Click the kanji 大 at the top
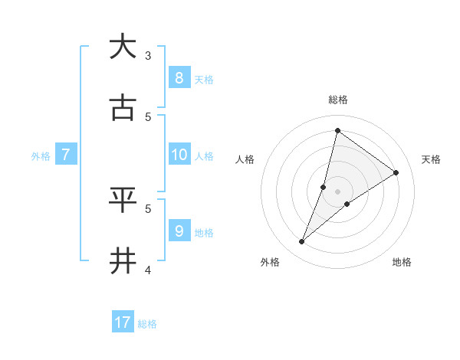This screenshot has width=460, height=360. click(x=123, y=47)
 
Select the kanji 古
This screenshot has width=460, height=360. click(x=123, y=109)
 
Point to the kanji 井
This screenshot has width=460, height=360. click(x=123, y=261)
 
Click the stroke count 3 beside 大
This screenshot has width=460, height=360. click(x=148, y=55)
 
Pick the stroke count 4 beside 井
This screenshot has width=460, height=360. click(x=148, y=270)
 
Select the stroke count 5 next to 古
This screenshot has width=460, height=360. click(x=148, y=116)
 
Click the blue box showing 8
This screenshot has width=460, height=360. click(x=179, y=78)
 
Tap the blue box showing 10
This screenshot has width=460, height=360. click(x=179, y=155)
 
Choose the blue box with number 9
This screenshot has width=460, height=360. click(x=179, y=231)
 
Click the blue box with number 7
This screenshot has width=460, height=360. click(x=66, y=155)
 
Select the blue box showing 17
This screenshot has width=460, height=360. click(x=123, y=322)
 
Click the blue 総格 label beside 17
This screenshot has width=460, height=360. click(x=147, y=324)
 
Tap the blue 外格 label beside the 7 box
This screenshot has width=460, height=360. click(x=41, y=156)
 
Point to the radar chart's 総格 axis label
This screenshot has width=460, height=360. click(x=338, y=100)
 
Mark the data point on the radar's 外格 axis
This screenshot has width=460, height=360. click(x=302, y=242)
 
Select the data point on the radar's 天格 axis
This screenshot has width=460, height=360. click(x=396, y=172)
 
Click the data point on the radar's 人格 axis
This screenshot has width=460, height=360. click(x=324, y=187)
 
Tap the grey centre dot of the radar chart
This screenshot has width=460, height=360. click(x=338, y=191)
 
